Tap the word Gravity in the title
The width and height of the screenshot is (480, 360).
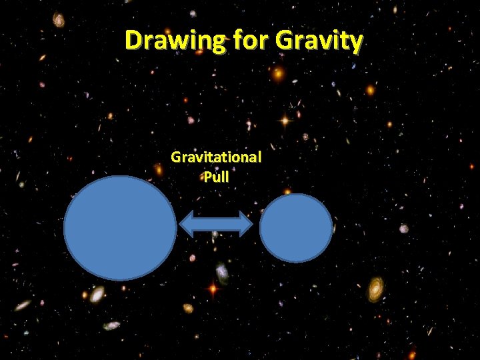coord(319,41)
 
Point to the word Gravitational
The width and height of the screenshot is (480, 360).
coord(216,157)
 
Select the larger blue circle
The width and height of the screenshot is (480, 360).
coord(120,227)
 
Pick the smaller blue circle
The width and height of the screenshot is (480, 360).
coord(296,228)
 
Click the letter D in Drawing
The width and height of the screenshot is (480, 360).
coord(134,41)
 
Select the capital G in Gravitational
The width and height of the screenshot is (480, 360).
coord(176,157)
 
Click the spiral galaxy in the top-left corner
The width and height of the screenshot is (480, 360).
coord(59,19)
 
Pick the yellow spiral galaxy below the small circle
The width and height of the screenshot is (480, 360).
coord(376,288)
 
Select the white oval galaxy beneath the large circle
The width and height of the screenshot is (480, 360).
coord(98,294)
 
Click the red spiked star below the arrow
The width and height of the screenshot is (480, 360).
coord(213,289)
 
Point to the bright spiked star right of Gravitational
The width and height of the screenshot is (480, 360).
coord(285,121)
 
